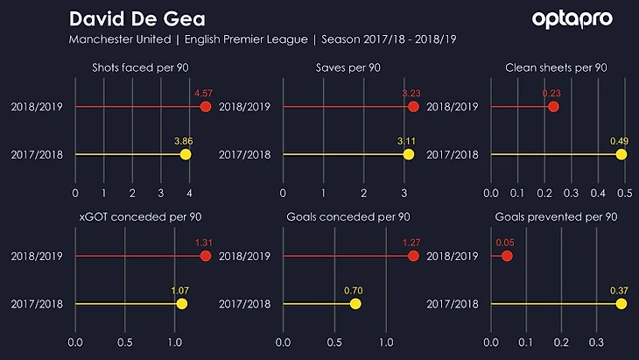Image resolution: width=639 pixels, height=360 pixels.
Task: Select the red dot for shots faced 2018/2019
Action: (206, 107)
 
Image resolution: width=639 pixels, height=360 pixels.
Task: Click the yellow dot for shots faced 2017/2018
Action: (186, 154)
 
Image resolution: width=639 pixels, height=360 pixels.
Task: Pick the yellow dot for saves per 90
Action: (409, 154)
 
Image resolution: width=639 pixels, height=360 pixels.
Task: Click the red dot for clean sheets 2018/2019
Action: (553, 107)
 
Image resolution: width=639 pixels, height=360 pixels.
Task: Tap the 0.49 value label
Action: (620, 140)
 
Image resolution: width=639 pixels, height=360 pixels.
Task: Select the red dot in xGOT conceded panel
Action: (206, 257)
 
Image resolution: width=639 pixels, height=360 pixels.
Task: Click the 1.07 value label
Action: (180, 290)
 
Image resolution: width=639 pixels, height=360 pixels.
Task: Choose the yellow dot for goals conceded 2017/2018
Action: (355, 304)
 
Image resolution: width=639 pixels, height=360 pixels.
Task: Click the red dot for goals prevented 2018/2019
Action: (507, 257)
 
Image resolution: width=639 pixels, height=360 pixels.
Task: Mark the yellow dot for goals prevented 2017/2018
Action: (621, 304)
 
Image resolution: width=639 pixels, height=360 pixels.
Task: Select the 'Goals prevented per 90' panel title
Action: (555, 216)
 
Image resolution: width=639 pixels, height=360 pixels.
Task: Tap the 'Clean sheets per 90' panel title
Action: (556, 67)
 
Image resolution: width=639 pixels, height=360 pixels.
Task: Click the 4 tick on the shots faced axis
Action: (189, 192)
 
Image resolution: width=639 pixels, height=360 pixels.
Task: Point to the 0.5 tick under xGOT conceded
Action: (124, 342)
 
